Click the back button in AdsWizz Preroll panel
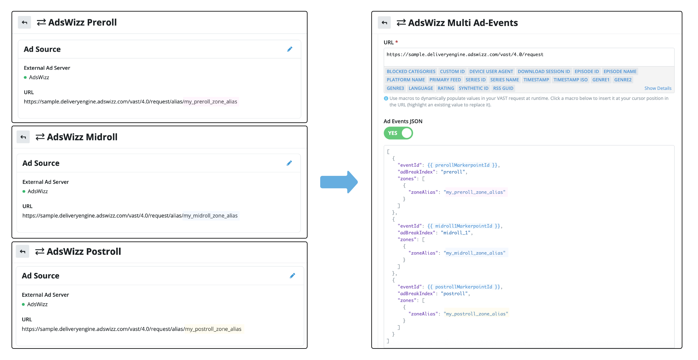click(x=25, y=22)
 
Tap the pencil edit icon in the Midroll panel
click(x=289, y=163)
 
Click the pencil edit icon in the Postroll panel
click(x=292, y=276)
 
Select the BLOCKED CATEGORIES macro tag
click(x=411, y=72)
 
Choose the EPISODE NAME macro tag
click(x=620, y=72)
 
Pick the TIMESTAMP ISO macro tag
click(x=570, y=80)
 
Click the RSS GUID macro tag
click(x=503, y=88)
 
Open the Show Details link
click(x=658, y=88)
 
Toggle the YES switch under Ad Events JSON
click(x=398, y=133)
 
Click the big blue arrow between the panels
click(x=339, y=182)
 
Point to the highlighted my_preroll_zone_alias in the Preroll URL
click(x=211, y=102)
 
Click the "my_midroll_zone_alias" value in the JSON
click(x=476, y=253)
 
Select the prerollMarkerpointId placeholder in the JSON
click(x=462, y=165)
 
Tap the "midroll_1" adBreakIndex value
click(x=455, y=233)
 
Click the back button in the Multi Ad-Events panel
click(x=384, y=23)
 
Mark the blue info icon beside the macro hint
click(x=386, y=98)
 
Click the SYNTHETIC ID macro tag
click(x=474, y=88)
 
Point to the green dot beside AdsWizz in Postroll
click(x=23, y=304)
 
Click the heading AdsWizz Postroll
click(x=84, y=252)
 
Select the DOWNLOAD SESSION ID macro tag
click(x=544, y=72)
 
